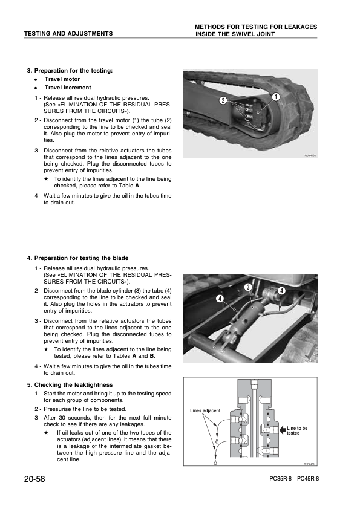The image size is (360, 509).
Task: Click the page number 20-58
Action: click(x=34, y=479)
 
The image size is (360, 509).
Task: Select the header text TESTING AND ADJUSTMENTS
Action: click(x=68, y=33)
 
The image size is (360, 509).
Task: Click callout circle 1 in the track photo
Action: click(x=275, y=96)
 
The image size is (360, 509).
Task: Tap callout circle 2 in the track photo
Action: click(x=223, y=100)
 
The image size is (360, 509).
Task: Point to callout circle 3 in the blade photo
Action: click(x=248, y=287)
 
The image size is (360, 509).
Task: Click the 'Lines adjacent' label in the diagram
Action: click(x=205, y=410)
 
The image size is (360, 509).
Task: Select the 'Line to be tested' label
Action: click(x=297, y=430)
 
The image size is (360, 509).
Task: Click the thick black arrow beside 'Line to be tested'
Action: click(x=283, y=430)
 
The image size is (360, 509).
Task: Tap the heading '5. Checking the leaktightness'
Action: click(x=70, y=385)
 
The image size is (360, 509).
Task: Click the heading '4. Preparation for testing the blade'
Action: click(x=77, y=258)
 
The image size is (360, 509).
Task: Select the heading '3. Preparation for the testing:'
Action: click(x=70, y=71)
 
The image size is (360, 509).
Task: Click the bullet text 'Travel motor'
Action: click(x=62, y=79)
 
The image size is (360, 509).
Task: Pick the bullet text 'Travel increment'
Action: click(x=68, y=88)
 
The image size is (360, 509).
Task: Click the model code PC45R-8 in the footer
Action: click(x=308, y=479)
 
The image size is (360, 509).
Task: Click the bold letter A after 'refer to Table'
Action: click(x=137, y=186)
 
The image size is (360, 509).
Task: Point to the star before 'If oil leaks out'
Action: click(x=46, y=433)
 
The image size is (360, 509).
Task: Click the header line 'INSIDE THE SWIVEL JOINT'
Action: click(x=235, y=34)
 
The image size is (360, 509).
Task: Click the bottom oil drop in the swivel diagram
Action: click(x=215, y=462)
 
